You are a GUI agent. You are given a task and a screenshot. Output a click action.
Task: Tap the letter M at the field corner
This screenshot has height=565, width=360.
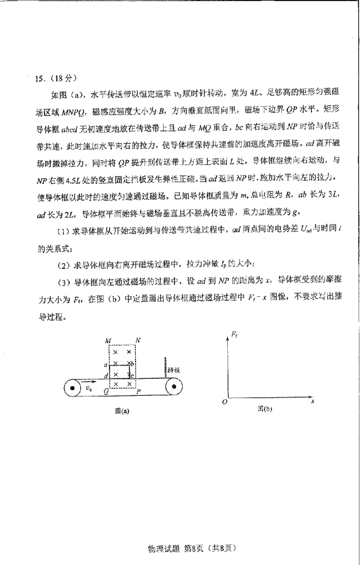[109, 341]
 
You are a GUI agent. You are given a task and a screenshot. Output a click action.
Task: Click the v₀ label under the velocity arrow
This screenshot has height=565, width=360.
[89, 388]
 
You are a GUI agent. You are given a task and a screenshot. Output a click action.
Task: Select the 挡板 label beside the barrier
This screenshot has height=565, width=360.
[173, 370]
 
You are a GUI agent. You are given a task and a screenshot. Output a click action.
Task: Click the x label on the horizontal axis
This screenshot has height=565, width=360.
[312, 401]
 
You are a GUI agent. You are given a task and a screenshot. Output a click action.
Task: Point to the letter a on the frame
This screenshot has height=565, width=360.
[106, 364]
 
